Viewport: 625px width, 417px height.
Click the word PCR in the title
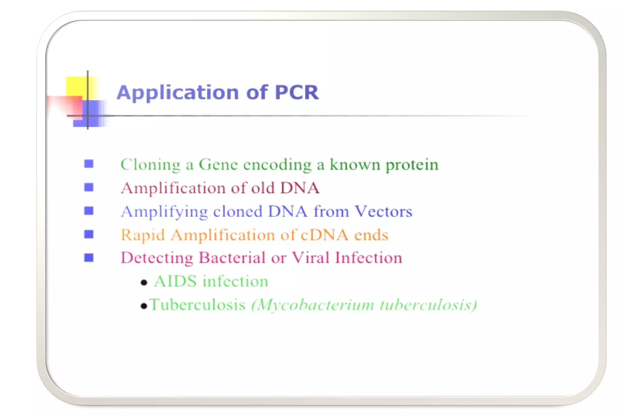coord(297,92)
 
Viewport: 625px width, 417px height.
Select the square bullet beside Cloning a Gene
coord(89,164)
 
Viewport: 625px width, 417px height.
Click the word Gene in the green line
coord(218,165)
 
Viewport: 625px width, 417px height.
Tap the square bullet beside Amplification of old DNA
coord(89,187)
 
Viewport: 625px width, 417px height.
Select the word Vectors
coord(383,211)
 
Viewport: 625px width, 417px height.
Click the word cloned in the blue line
coord(237,211)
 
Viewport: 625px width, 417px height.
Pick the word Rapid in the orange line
coord(143,235)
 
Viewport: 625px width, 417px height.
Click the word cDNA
coord(324,235)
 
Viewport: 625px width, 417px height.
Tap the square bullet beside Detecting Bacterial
coord(89,258)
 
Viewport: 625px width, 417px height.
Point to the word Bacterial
coord(232,258)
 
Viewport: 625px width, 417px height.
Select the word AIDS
coord(175,281)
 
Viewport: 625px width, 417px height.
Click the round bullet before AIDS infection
coord(144,283)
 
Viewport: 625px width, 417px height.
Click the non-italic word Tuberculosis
coord(197,305)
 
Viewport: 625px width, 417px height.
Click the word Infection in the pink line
coord(368,258)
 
